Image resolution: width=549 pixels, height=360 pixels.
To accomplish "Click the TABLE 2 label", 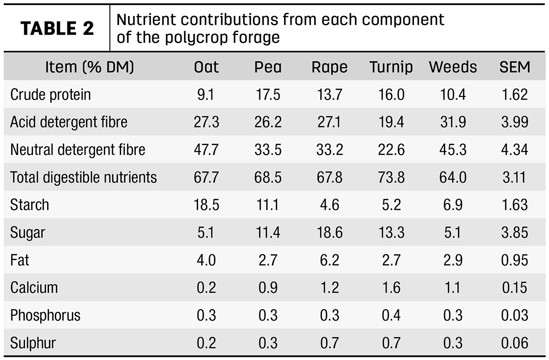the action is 57,28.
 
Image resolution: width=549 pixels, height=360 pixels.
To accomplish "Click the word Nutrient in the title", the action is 146,19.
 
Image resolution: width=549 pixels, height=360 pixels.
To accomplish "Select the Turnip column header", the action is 391,67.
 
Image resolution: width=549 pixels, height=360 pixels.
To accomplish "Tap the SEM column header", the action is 515,67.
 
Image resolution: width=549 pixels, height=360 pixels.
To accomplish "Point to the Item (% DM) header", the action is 90,67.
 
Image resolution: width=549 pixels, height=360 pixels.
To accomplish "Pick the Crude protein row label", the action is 50,95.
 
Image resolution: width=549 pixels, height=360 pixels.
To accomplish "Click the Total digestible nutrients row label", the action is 83,177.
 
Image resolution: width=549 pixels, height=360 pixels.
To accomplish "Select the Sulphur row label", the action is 33,343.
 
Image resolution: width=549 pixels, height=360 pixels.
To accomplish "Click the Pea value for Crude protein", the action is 268,95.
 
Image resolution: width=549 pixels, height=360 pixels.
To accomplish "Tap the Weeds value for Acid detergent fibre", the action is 453,122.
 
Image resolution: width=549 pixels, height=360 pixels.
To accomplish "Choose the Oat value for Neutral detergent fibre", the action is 206,150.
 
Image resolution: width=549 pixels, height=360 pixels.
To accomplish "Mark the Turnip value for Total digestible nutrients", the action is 391,177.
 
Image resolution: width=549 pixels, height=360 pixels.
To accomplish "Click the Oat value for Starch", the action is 206,204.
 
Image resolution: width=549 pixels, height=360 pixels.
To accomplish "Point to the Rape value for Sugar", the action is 330,232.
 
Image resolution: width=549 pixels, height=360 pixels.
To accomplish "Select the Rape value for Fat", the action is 330,260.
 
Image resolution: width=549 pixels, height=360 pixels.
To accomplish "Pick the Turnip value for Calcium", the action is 391,287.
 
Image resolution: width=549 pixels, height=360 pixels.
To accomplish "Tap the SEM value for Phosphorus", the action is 515,315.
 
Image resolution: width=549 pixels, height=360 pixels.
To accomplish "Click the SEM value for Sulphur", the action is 515,343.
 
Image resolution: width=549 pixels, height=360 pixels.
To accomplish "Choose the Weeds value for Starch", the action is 453,204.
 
